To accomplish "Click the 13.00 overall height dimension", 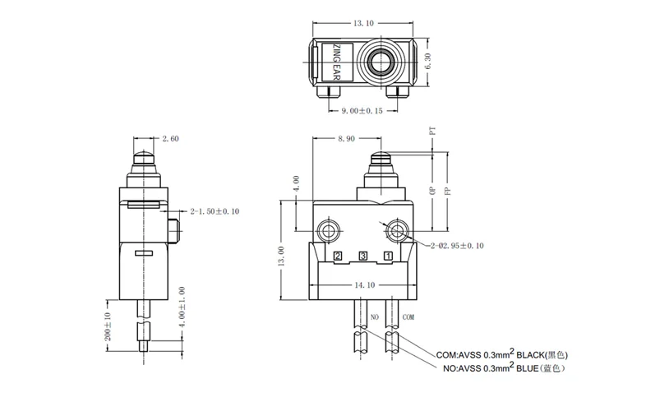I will click(281, 256).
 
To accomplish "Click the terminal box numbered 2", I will click(338, 256).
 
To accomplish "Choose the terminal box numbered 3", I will click(362, 256).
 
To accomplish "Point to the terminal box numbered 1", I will click(387, 256).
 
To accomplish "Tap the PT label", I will click(432, 130).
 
